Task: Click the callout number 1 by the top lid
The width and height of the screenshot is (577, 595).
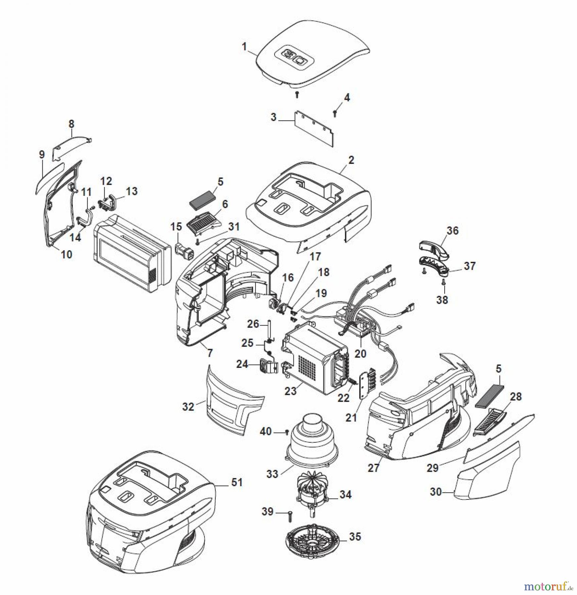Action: pyautogui.click(x=244, y=47)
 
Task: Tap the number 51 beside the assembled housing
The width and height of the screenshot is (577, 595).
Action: pyautogui.click(x=237, y=482)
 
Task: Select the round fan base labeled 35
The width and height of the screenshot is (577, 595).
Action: pyautogui.click(x=313, y=540)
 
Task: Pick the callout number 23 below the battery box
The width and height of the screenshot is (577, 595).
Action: pyautogui.click(x=290, y=391)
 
